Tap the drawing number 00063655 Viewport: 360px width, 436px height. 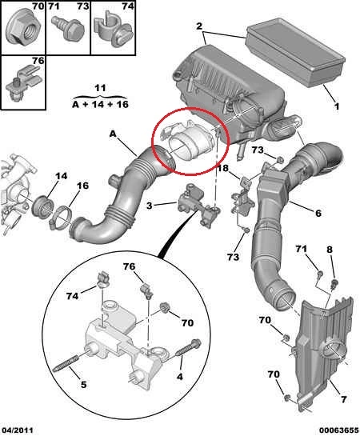coord(338,430)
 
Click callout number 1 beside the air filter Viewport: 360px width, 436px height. coord(336,106)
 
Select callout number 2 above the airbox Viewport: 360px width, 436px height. coord(199,26)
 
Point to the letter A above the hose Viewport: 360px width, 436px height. coord(113,134)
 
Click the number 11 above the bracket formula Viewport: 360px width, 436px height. coord(100,88)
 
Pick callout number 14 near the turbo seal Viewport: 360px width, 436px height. coord(61,176)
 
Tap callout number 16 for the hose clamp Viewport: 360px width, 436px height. coord(82,186)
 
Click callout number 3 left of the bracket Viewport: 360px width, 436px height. coord(150,206)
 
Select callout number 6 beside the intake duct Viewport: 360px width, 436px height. coord(318,214)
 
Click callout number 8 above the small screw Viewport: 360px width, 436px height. coord(330,249)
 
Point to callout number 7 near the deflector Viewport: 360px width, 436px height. coord(343,399)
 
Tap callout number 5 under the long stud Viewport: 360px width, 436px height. coord(83,385)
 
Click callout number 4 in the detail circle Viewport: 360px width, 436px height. coord(180,377)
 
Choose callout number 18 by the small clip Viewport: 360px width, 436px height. coord(222,168)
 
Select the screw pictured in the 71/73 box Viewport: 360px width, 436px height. coord(68,28)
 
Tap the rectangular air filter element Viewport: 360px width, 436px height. coord(295,51)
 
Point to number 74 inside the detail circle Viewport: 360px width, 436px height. coord(72,296)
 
